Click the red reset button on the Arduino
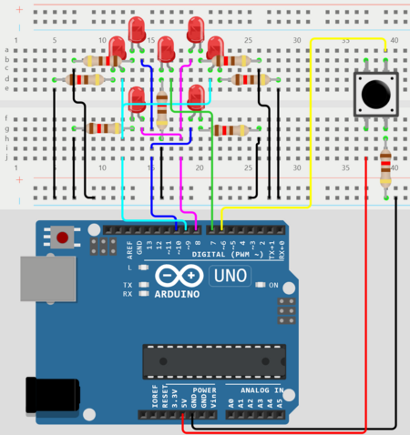pyautogui.click(x=62, y=238)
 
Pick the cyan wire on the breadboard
pyautogui.click(x=124, y=164)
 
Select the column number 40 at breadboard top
pyautogui.click(x=394, y=40)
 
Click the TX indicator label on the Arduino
pyautogui.click(x=128, y=285)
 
